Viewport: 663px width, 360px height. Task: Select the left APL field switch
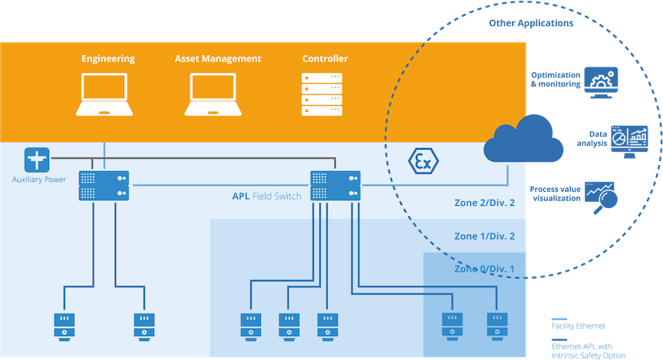coord(104,185)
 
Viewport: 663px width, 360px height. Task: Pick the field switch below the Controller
coord(335,185)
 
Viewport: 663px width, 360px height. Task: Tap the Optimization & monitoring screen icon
coord(601,83)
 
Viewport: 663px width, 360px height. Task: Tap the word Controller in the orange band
coord(325,58)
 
